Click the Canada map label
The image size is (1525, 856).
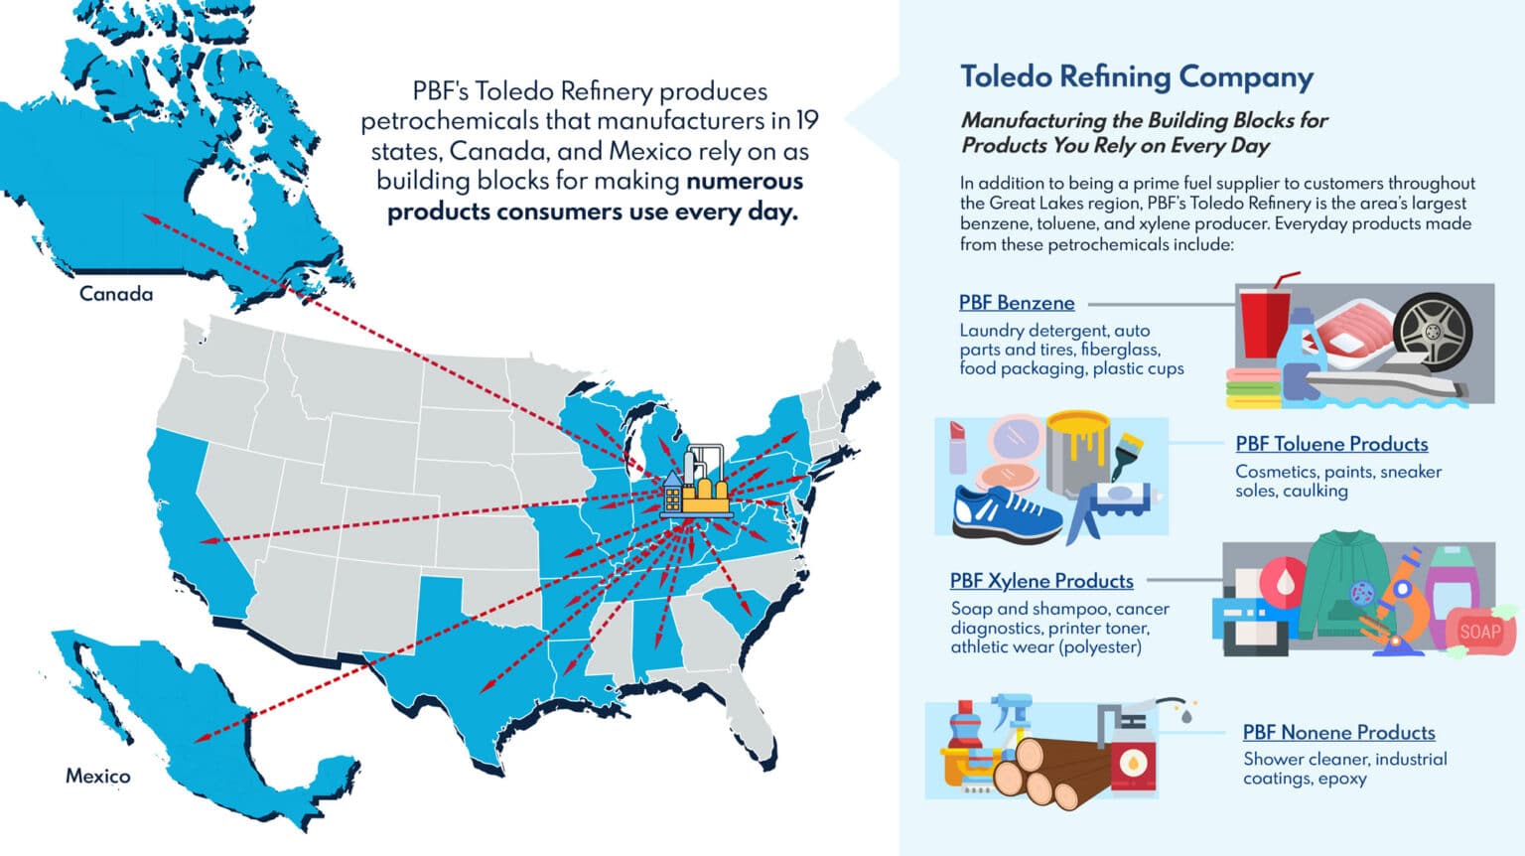(116, 294)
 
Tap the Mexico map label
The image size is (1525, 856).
(97, 776)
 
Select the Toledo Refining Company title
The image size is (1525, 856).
(1136, 76)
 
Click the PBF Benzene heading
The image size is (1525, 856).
(1016, 303)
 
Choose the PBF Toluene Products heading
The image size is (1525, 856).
(1331, 444)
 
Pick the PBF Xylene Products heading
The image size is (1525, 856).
(1040, 581)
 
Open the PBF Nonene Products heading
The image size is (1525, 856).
(1338, 733)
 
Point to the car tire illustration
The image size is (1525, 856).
(1433, 333)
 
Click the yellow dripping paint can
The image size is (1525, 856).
(1077, 452)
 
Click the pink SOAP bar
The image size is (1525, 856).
(1479, 632)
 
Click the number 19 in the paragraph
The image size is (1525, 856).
(807, 121)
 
